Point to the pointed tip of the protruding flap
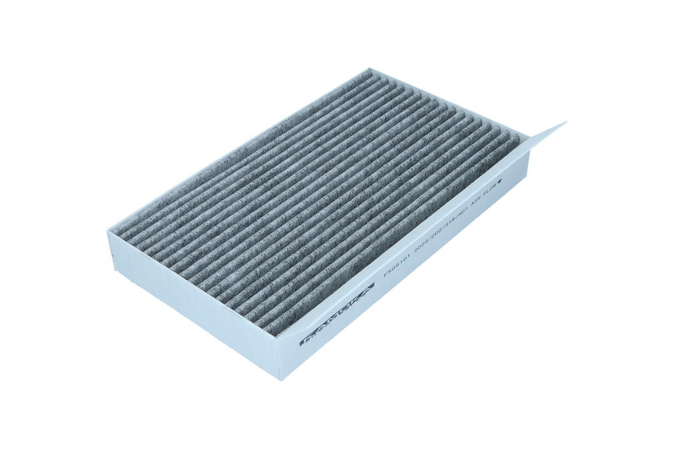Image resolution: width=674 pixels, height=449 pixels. tap(566, 122)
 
